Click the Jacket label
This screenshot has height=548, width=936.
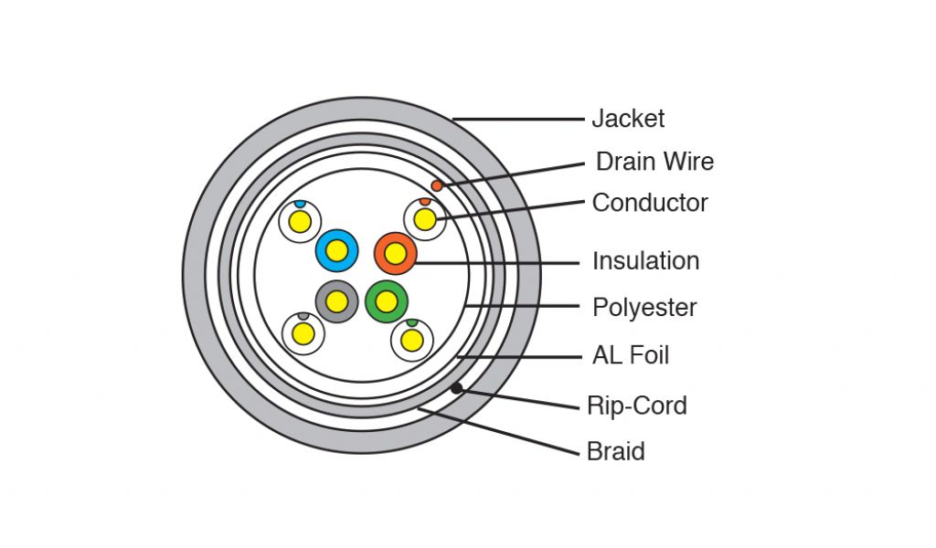(628, 119)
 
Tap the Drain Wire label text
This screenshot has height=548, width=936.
(654, 163)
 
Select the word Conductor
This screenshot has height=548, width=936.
(650, 203)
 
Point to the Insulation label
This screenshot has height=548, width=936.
(645, 261)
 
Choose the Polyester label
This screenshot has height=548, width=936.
(644, 308)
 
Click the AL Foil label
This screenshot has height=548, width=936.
(631, 355)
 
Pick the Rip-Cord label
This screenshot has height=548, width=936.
(637, 406)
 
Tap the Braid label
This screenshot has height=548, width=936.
(616, 452)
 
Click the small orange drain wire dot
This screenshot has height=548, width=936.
(437, 186)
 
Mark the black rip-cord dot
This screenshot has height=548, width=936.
(456, 388)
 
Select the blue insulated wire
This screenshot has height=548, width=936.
(336, 250)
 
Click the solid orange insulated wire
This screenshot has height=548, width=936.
(395, 254)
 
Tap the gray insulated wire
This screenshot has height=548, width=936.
(336, 301)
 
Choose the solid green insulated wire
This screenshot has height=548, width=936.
(386, 301)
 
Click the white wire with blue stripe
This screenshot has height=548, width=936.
(300, 221)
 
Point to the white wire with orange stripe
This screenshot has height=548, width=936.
(425, 219)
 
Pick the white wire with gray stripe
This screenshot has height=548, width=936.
(303, 333)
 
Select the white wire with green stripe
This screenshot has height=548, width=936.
(412, 340)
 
